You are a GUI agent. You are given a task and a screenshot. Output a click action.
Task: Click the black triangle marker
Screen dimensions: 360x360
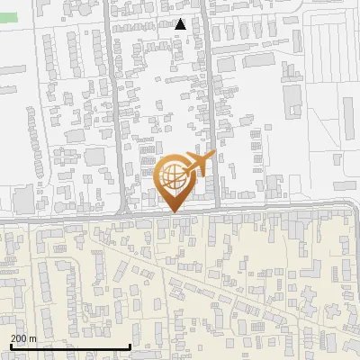point(180,24)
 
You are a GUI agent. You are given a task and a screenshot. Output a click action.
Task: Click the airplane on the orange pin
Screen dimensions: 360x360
point(199,164)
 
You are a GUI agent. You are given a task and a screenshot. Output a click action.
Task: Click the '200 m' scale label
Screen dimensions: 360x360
point(22,337)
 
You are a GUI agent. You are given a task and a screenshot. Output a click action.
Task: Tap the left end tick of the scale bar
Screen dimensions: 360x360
point(10,345)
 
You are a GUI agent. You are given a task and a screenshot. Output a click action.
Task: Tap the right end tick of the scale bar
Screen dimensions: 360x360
point(130,345)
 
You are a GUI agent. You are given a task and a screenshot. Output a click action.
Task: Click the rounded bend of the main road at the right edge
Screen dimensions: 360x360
point(353,209)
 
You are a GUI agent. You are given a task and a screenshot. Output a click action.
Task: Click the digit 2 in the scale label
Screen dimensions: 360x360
point(13,337)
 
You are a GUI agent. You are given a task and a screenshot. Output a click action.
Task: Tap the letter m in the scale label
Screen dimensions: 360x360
point(32,337)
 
